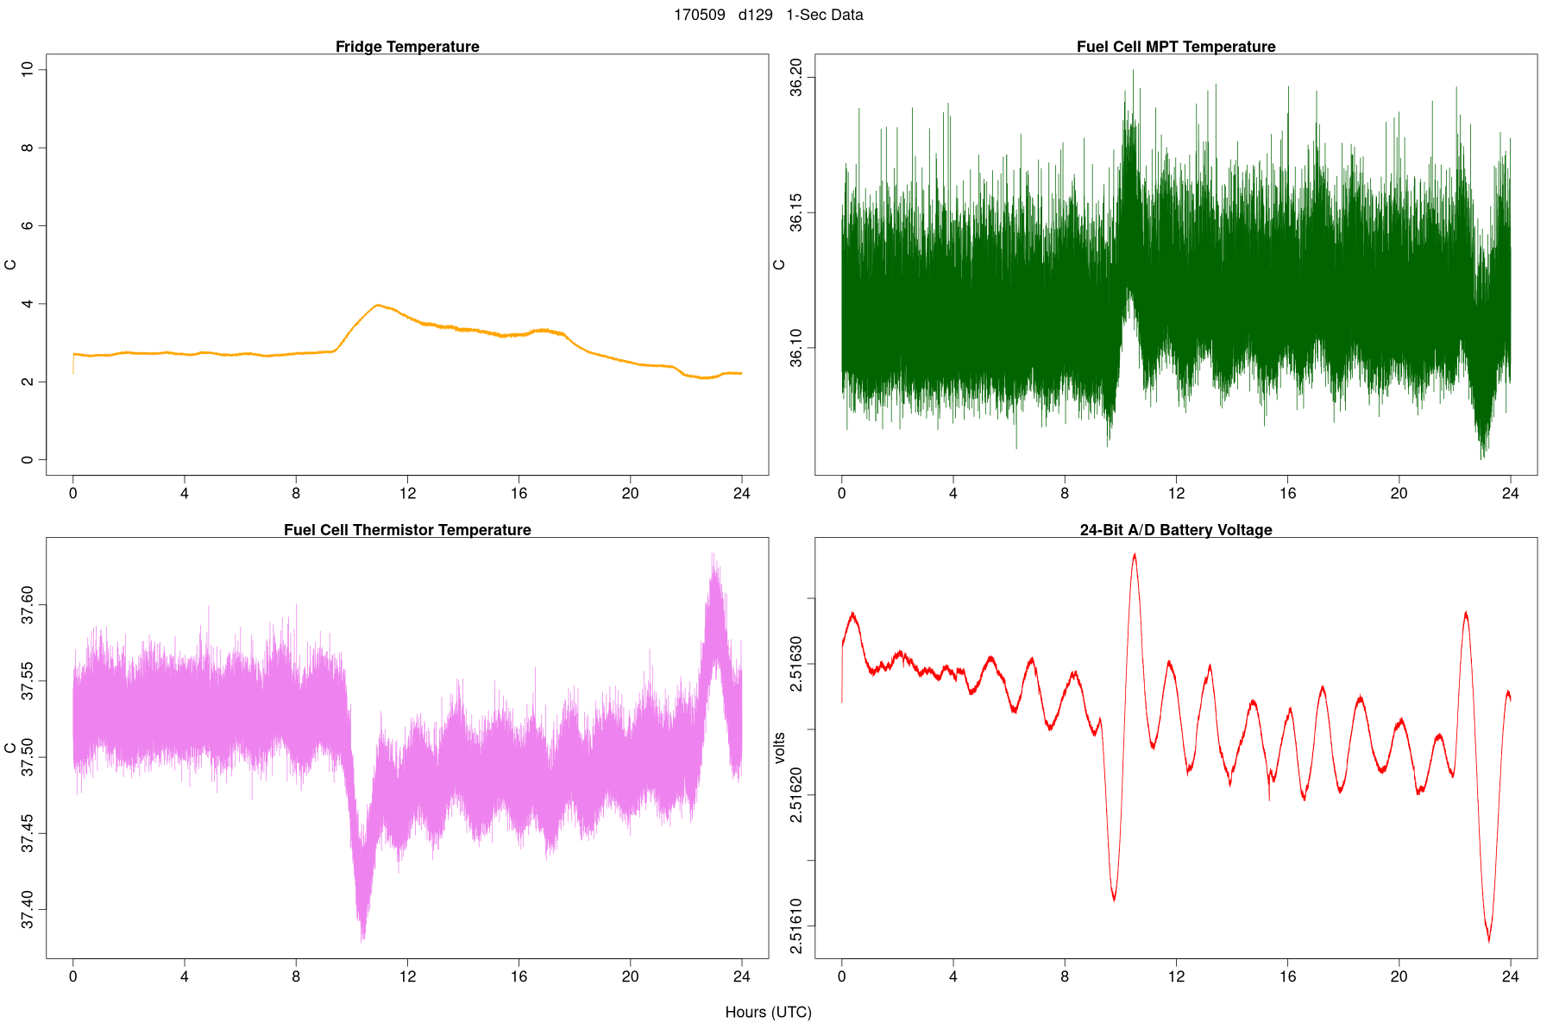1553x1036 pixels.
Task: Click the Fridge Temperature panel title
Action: pyautogui.click(x=407, y=47)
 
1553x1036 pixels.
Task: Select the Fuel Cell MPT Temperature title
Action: pyautogui.click(x=1175, y=47)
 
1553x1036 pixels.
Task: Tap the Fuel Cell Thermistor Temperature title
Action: pyautogui.click(x=407, y=530)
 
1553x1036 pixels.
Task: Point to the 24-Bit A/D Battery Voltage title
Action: pyautogui.click(x=1175, y=530)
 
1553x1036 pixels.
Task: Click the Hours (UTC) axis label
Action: pyautogui.click(x=768, y=1012)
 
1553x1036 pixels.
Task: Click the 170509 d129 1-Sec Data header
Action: pyautogui.click(x=768, y=15)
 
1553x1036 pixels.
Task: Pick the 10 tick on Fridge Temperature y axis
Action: pyautogui.click(x=28, y=69)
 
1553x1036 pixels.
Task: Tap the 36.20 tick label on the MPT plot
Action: pyautogui.click(x=796, y=78)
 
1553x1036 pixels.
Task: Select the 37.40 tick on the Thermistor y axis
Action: pyautogui.click(x=28, y=909)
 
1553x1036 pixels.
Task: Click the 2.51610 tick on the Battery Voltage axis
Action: pyautogui.click(x=796, y=926)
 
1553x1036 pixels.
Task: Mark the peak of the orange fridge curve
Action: pyautogui.click(x=377, y=305)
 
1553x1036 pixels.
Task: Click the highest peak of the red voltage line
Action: pyautogui.click(x=1135, y=554)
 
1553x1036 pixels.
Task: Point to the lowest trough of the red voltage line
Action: pyautogui.click(x=1489, y=940)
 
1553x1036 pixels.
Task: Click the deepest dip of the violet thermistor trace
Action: pyautogui.click(x=363, y=938)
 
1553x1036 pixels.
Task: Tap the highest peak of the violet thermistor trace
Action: pyautogui.click(x=713, y=554)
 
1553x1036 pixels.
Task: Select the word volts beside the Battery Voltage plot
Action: pyautogui.click(x=780, y=748)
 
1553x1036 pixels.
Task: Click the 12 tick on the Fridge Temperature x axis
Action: pyautogui.click(x=407, y=494)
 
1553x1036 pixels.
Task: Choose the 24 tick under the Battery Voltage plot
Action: pyautogui.click(x=1510, y=976)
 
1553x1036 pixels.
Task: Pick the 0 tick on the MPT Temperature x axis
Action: pyautogui.click(x=842, y=494)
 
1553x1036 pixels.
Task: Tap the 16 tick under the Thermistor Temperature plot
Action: pyautogui.click(x=519, y=976)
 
